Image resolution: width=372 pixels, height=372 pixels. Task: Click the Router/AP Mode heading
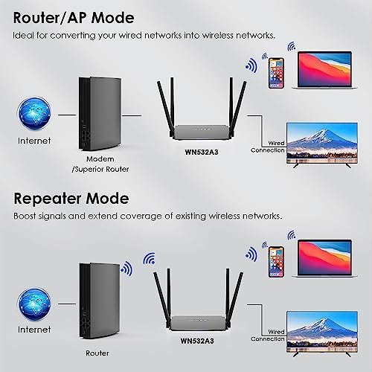point(74,18)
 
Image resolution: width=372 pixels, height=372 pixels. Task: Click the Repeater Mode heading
point(71,199)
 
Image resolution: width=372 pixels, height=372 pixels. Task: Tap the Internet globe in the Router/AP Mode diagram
point(34,113)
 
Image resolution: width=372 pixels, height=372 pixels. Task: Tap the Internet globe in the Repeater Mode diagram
point(34,304)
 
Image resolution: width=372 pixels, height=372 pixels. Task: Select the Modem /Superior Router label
point(100,164)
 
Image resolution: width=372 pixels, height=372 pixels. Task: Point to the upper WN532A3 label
point(202,152)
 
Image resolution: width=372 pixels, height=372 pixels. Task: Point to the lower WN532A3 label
point(197,341)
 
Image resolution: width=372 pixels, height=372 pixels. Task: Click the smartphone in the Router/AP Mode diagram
point(276,73)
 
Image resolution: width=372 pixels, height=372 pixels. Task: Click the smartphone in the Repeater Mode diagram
point(276,262)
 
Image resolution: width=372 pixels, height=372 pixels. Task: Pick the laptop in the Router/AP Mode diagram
point(325,70)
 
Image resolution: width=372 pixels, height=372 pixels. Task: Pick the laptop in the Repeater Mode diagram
point(325,258)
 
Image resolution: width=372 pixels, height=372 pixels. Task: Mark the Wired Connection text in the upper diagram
point(268,147)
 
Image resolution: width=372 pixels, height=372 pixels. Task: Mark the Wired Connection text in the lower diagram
point(268,336)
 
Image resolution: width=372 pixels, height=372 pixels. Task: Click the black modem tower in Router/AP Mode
point(100,114)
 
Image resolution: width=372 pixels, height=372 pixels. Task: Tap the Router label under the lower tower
point(97,353)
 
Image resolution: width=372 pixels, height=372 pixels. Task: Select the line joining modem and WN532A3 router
point(132,115)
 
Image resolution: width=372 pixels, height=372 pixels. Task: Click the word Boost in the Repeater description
point(25,216)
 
